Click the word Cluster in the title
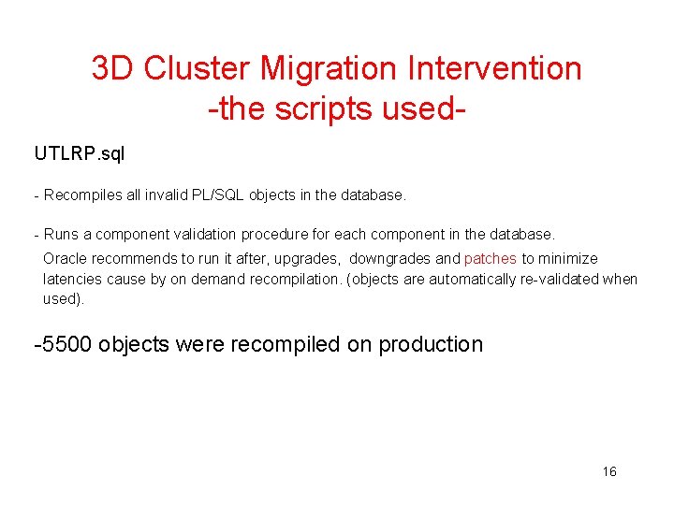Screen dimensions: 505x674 point(196,68)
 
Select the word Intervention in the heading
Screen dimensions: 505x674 point(494,68)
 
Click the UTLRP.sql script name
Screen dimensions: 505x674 point(80,153)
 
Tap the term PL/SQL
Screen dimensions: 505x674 point(216,195)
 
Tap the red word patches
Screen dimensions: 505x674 point(491,258)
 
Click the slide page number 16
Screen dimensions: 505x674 point(609,471)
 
